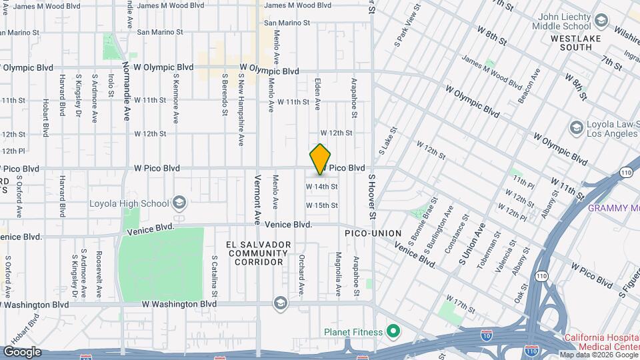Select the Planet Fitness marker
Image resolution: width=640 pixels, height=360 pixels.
pyautogui.click(x=394, y=331)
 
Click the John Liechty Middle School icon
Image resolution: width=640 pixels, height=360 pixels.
pyautogui.click(x=601, y=21)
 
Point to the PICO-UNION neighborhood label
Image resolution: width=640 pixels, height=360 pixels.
pyautogui.click(x=373, y=233)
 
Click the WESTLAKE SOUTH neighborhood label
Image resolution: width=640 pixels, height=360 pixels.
pyautogui.click(x=571, y=43)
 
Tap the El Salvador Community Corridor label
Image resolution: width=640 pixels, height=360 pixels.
pyautogui.click(x=258, y=253)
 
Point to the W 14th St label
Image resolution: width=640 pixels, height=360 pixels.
pyautogui.click(x=322, y=187)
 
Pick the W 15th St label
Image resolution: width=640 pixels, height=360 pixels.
pyautogui.click(x=322, y=205)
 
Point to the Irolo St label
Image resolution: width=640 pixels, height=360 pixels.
pyautogui.click(x=111, y=85)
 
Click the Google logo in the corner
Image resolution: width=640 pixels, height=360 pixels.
pyautogui.click(x=22, y=351)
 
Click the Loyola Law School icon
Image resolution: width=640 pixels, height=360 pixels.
pyautogui.click(x=576, y=127)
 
